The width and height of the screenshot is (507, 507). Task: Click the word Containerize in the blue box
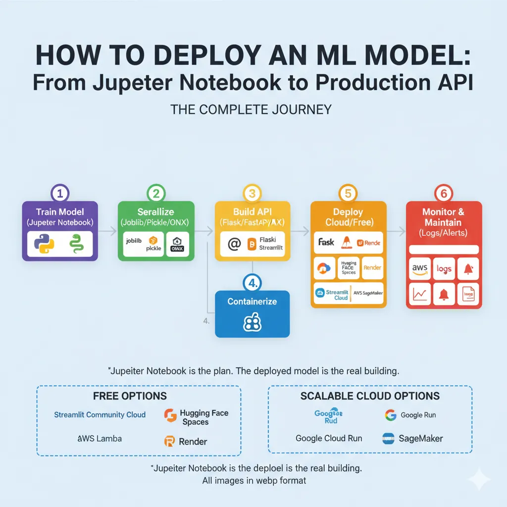point(252,301)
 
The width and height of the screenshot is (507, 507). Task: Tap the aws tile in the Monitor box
point(419,269)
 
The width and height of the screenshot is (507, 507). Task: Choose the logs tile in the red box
point(444,269)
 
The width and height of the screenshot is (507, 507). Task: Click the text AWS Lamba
point(100,439)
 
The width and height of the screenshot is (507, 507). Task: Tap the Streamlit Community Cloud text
point(100,414)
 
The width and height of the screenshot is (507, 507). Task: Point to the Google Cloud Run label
point(329,438)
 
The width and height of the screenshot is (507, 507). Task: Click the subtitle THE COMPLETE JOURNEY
point(251,109)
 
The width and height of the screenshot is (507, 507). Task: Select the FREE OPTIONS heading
point(130,396)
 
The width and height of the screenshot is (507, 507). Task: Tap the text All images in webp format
point(254,480)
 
